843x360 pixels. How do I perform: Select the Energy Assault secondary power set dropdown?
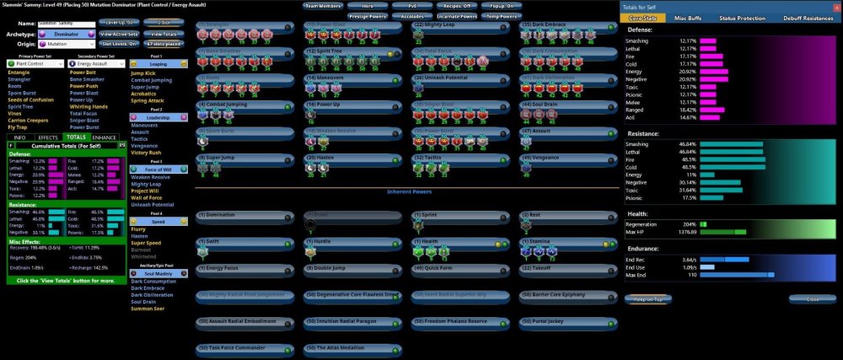[x=96, y=63]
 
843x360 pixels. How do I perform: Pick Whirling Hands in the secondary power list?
[x=89, y=107]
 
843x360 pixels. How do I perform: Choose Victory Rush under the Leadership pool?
[x=146, y=152]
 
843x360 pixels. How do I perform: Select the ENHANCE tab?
[x=105, y=137]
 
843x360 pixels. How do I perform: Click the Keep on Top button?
[x=647, y=298]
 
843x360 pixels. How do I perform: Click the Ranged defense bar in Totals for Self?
[x=710, y=109]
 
